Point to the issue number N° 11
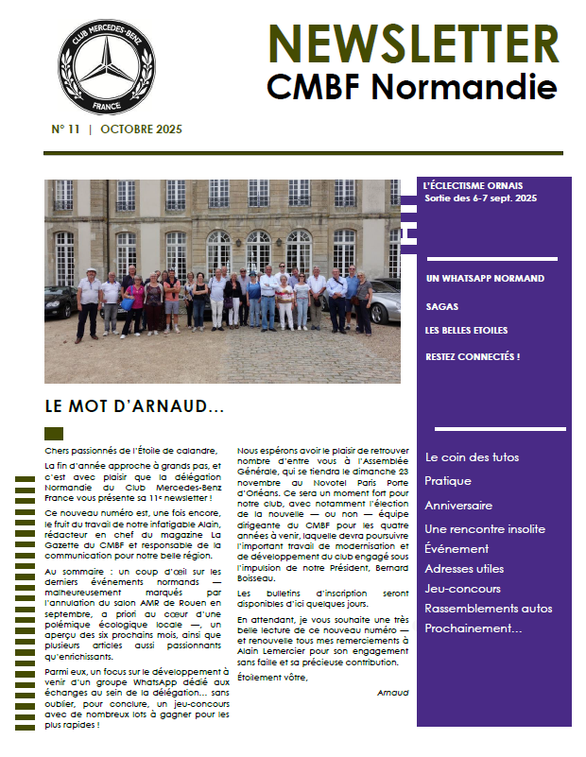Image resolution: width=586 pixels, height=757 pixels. pyautogui.click(x=65, y=129)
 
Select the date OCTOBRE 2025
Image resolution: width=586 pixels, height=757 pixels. pyautogui.click(x=141, y=129)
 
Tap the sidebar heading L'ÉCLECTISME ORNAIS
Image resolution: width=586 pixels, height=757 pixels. pyautogui.click(x=474, y=185)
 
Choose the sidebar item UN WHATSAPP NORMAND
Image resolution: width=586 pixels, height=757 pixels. pyautogui.click(x=485, y=278)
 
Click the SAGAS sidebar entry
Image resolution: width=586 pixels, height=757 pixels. pyautogui.click(x=441, y=305)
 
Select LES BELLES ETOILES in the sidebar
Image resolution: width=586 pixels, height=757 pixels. pyautogui.click(x=466, y=330)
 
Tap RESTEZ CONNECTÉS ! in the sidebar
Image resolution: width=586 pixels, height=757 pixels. pyautogui.click(x=473, y=356)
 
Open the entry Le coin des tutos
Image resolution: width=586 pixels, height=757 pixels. pyautogui.click(x=472, y=457)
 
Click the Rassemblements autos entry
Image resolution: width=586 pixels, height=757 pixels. pyautogui.click(x=488, y=608)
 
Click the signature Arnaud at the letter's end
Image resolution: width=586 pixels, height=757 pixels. pyautogui.click(x=392, y=693)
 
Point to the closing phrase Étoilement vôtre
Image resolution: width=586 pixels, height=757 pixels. pyautogui.click(x=272, y=677)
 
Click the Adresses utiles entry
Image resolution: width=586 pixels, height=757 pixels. pyautogui.click(x=464, y=568)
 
